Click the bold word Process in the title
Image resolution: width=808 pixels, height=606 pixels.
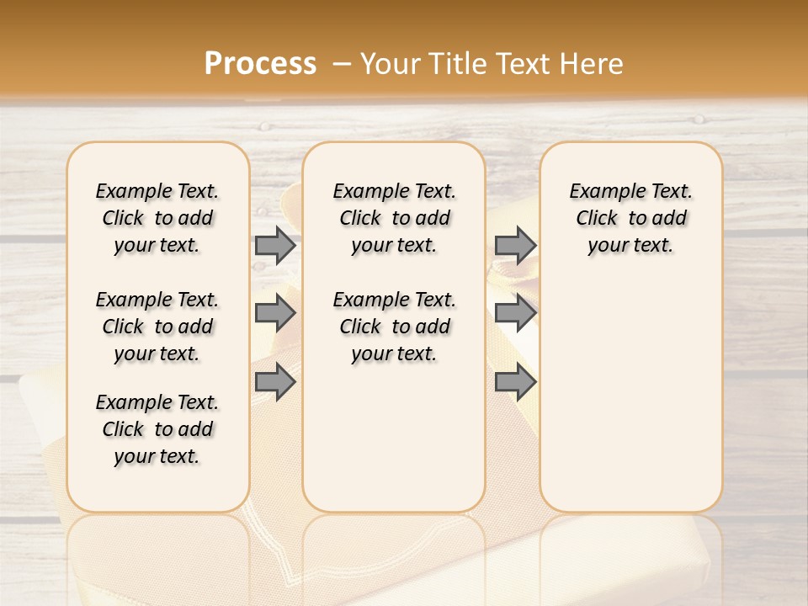point(260,64)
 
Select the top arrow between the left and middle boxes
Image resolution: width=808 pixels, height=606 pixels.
point(275,245)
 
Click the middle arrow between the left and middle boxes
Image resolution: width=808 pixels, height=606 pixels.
point(275,314)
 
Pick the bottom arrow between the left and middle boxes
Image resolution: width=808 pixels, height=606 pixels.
point(275,383)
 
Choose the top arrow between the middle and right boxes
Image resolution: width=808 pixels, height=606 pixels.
point(515,245)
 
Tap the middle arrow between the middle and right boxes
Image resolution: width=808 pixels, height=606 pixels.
point(515,314)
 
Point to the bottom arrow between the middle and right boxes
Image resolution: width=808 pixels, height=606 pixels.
point(515,383)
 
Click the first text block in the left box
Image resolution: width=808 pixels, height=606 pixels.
point(157,218)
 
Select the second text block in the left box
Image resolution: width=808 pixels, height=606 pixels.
point(157,327)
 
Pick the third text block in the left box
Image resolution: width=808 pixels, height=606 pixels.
point(157,429)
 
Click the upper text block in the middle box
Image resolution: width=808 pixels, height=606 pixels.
point(394,218)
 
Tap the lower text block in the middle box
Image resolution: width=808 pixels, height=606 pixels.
point(394,327)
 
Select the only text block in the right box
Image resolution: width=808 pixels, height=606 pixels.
point(630,218)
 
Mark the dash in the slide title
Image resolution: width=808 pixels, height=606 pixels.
point(342,64)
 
